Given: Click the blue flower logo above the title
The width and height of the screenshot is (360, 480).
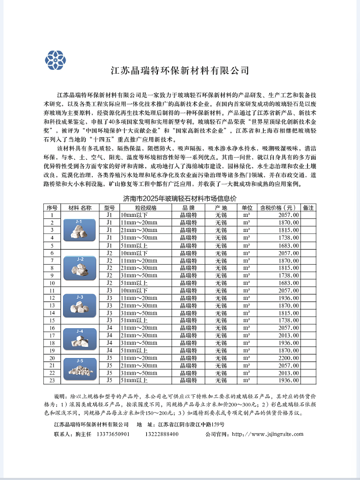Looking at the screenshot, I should tap(55, 59).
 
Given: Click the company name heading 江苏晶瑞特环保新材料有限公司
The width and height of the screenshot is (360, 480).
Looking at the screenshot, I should tap(179, 71).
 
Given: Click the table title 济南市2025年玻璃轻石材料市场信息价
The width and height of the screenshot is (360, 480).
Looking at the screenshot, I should tap(179, 200).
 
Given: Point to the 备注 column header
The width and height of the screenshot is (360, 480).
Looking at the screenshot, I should tap(308, 208).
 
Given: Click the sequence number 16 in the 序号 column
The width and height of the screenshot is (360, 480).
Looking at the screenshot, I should tap(52, 328).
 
